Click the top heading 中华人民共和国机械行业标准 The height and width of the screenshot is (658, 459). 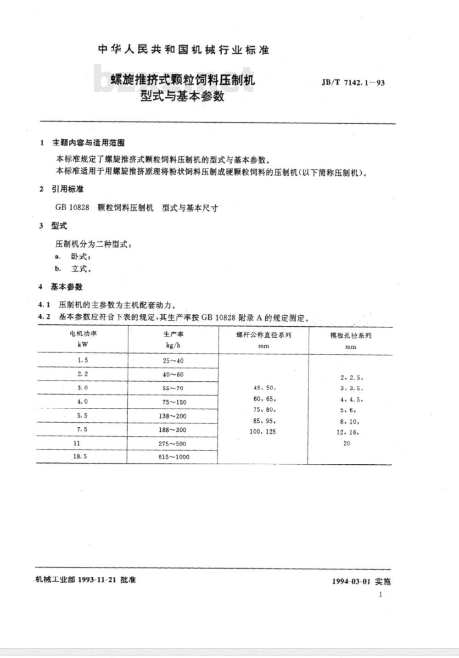[184, 50]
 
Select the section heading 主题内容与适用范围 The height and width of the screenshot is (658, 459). [89, 143]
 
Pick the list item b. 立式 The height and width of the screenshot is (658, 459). [73, 269]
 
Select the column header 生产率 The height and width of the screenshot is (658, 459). [173, 334]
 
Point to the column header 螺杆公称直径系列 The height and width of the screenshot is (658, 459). [263, 335]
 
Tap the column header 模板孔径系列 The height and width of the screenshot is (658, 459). [351, 335]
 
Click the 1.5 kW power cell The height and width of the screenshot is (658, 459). [83, 360]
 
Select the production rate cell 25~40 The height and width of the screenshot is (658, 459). [173, 361]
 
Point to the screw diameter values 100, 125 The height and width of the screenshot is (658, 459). [263, 432]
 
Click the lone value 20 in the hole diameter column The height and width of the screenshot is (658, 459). [347, 443]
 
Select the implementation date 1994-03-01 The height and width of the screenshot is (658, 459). [351, 581]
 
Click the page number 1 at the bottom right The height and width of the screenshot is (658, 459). [381, 594]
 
